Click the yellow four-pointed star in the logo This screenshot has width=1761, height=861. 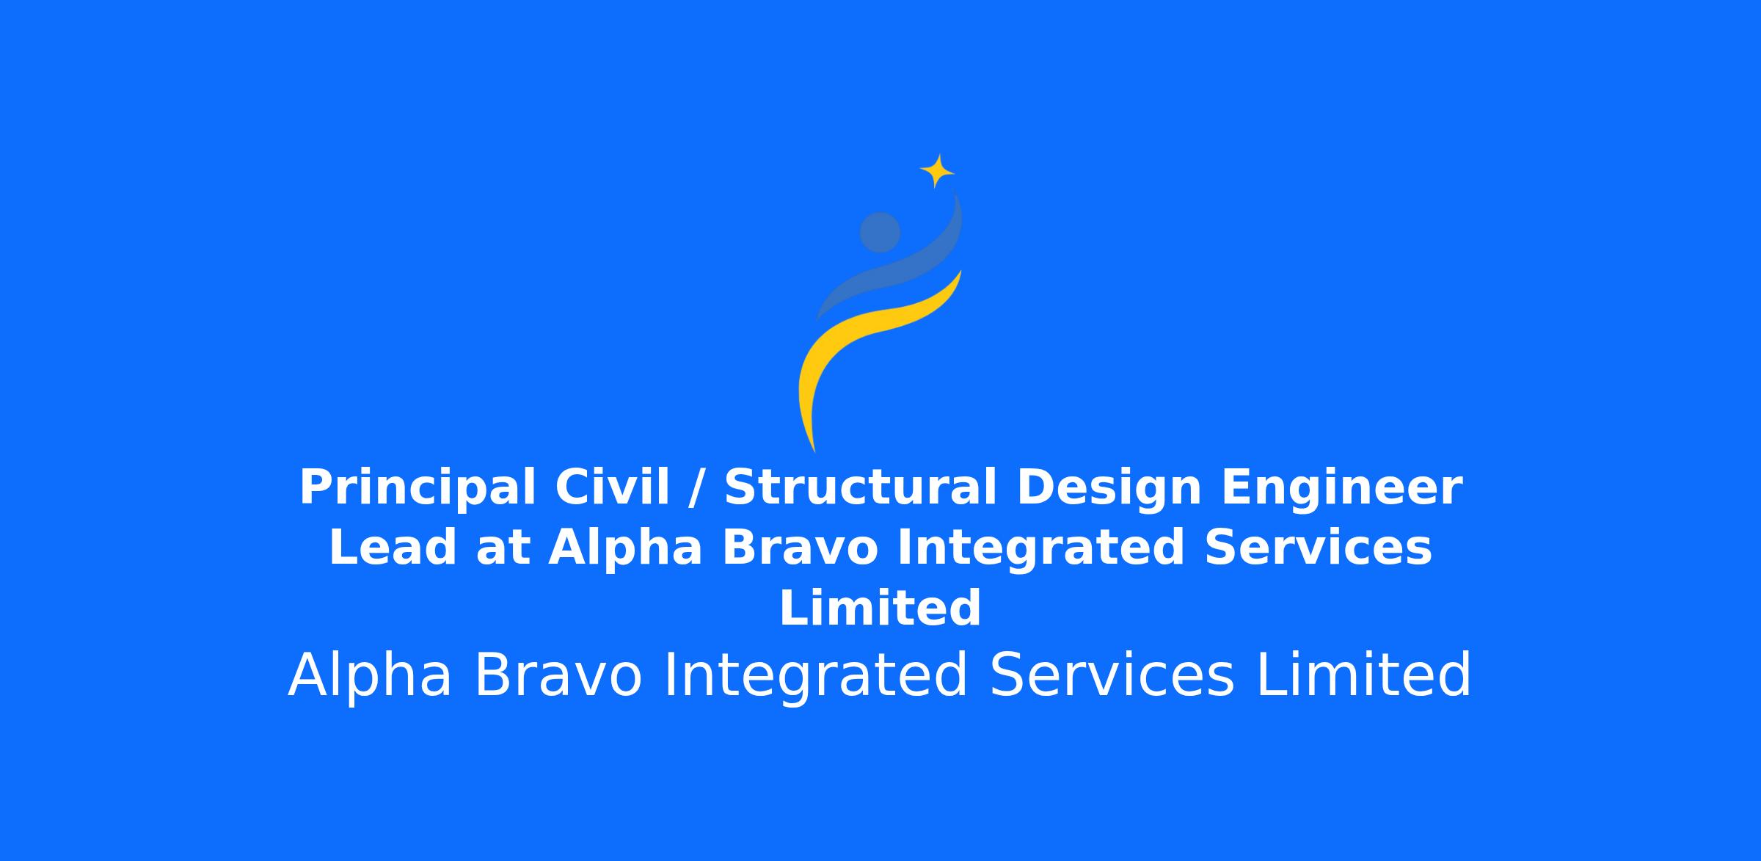click(x=937, y=171)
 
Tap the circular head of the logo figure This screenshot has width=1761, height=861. click(x=880, y=232)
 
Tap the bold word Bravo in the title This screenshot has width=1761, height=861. click(x=800, y=548)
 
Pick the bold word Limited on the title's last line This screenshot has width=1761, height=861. click(x=880, y=608)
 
